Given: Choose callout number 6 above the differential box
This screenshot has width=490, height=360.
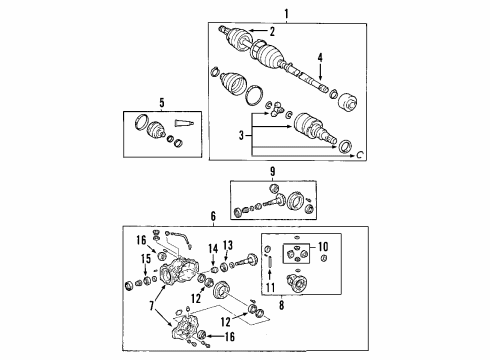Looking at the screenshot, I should pos(212,217).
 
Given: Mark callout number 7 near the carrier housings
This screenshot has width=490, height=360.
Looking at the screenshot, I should pos(151,302).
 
